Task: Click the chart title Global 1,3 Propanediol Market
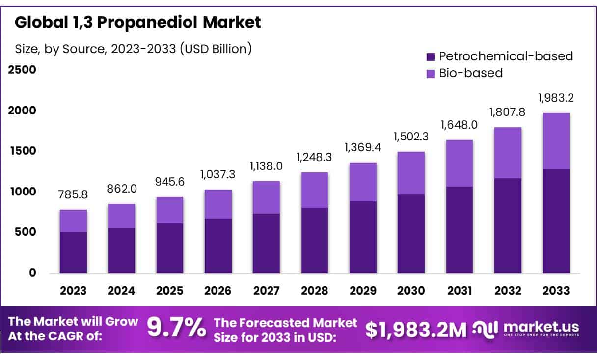pos(138,22)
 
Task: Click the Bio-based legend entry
pos(471,73)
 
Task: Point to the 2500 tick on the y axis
pos(22,69)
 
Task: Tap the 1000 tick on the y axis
pos(22,191)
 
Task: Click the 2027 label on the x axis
pos(267,290)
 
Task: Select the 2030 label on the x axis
pos(411,290)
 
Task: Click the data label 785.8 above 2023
pos(74,195)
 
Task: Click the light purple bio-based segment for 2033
pos(556,141)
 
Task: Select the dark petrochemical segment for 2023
pos(74,252)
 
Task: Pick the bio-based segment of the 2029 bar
pos(363,182)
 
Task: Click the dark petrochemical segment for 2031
pos(460,230)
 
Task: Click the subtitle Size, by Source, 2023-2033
pos(134,49)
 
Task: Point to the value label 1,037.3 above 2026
pos(218,175)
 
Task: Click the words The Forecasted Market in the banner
pos(286,323)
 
